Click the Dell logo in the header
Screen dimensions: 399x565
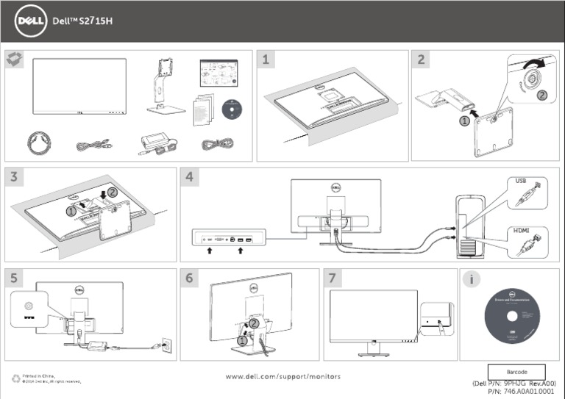point(29,21)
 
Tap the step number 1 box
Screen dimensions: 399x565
point(267,60)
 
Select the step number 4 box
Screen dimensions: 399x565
point(189,178)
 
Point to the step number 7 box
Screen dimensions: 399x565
point(333,278)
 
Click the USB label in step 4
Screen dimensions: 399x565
point(520,181)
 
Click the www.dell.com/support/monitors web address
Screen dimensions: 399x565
point(282,376)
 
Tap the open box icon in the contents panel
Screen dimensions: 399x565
point(13,60)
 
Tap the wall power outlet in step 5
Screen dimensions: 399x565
point(166,345)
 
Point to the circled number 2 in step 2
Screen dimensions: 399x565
point(541,95)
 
